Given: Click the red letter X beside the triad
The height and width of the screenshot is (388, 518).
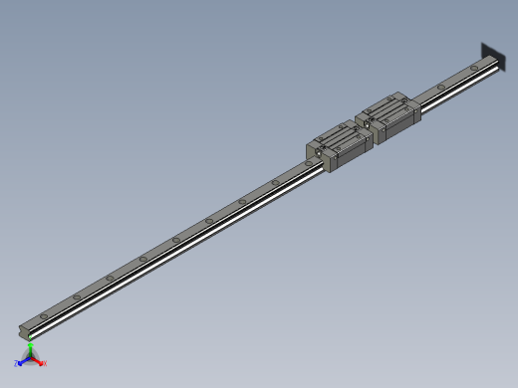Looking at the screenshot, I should point(46,364).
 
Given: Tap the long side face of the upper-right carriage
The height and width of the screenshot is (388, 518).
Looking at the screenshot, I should point(399,124).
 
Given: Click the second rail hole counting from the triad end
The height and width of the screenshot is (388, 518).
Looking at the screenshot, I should point(76,295).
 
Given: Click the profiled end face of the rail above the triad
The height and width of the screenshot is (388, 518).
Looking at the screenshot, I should point(25,329).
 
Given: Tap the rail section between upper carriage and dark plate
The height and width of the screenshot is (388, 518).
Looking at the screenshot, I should point(448,84).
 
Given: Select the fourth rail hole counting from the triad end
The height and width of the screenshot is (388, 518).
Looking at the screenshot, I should point(142,259).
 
